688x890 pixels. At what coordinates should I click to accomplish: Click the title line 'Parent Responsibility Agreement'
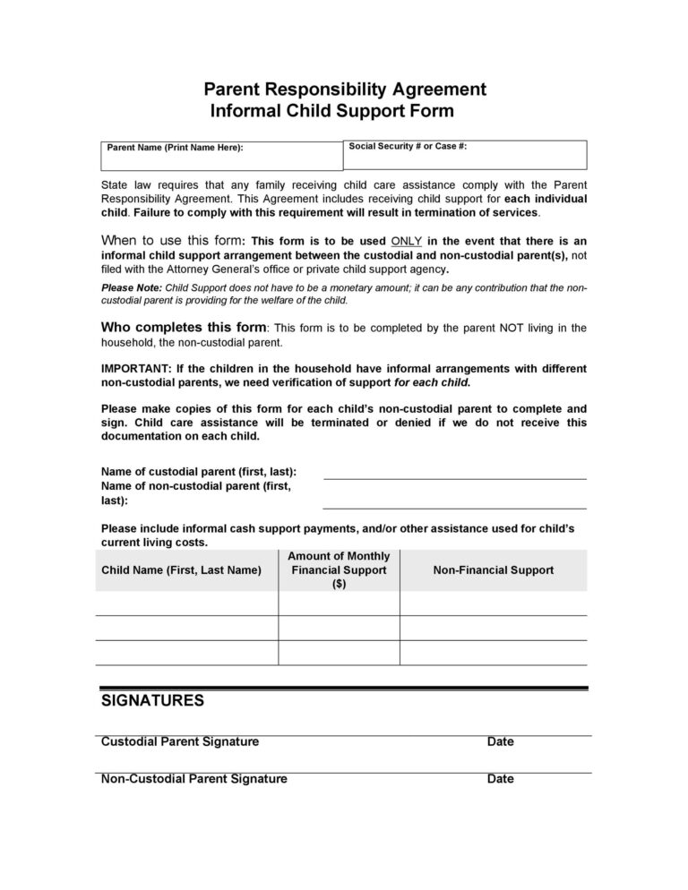[345, 89]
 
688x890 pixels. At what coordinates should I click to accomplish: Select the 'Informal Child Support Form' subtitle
[331, 111]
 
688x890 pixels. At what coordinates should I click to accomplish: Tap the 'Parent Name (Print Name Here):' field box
[221, 156]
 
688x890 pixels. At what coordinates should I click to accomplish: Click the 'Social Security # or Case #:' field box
[465, 155]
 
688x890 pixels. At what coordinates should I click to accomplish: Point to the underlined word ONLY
[406, 242]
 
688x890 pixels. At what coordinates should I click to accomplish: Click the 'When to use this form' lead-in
[172, 241]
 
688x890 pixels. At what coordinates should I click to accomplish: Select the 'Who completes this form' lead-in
[184, 328]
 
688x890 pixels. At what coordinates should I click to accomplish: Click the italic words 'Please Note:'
[132, 288]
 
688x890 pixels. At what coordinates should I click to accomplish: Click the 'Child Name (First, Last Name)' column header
[182, 570]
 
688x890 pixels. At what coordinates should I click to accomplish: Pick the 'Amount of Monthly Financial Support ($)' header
[338, 570]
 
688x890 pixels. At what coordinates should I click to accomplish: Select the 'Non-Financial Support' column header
[493, 570]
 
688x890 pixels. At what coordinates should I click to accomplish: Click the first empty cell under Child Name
[186, 603]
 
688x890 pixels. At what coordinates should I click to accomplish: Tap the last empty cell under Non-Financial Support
[493, 653]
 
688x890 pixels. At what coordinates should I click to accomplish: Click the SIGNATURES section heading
[153, 701]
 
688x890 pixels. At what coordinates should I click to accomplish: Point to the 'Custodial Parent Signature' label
[180, 742]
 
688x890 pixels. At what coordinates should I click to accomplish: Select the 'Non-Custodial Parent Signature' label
[194, 779]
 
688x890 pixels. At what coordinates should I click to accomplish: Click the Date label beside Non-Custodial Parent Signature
[500, 779]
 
